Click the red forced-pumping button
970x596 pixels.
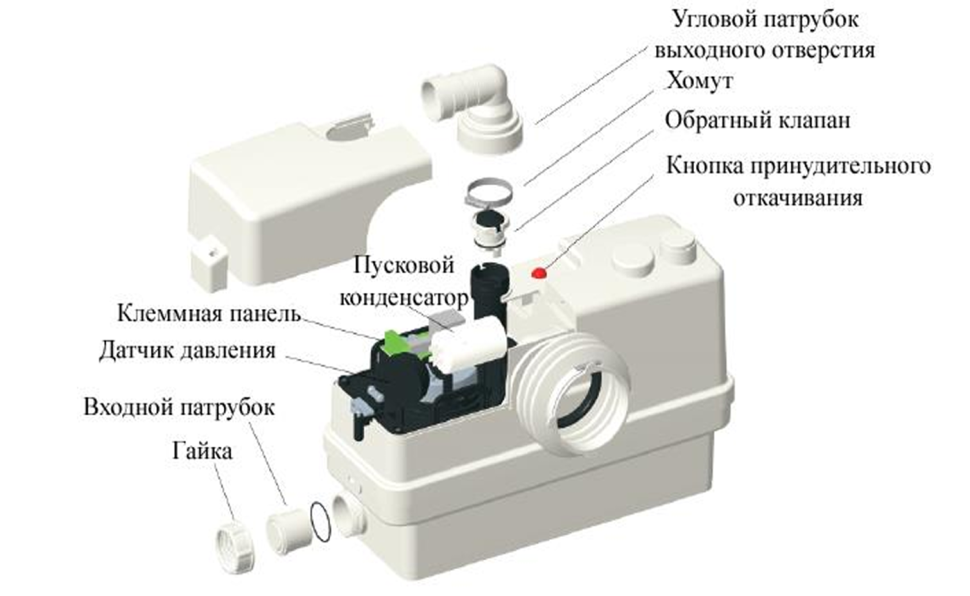click(x=538, y=274)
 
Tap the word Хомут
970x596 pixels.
click(x=699, y=81)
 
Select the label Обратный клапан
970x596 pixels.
click(x=757, y=121)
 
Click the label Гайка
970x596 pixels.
click(x=202, y=451)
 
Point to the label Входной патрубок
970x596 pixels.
click(x=179, y=407)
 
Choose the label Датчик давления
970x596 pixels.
click(x=187, y=350)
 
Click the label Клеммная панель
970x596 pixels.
click(x=209, y=314)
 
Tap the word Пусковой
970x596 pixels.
click(x=403, y=265)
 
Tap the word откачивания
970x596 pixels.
click(x=798, y=198)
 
